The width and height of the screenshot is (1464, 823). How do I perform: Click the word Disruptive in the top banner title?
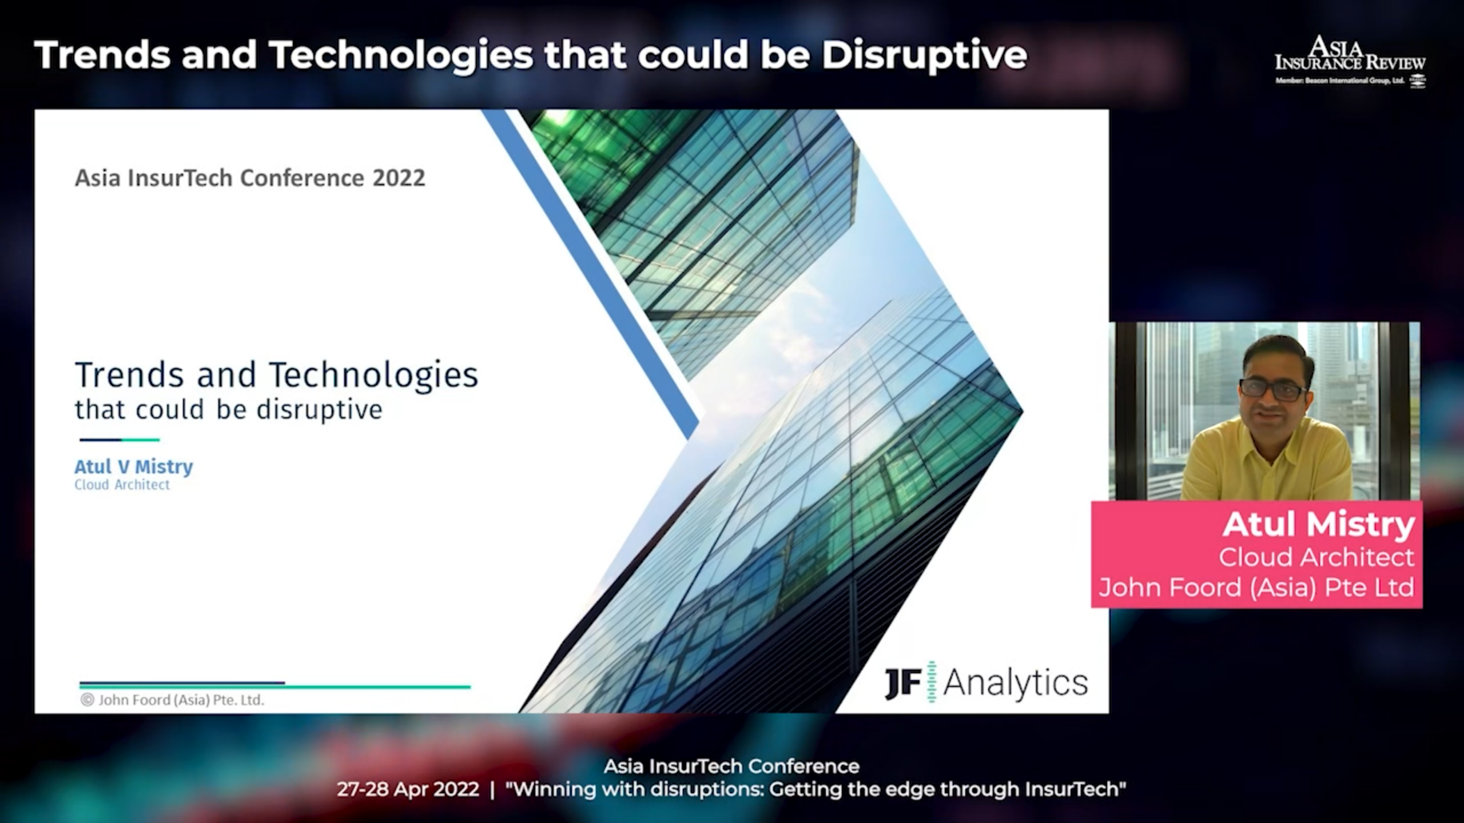tap(924, 55)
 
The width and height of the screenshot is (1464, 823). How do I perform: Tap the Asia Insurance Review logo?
tap(1350, 61)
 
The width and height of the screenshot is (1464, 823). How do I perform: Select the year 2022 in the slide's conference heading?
tap(399, 178)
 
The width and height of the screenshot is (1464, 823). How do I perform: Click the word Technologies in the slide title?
tap(373, 375)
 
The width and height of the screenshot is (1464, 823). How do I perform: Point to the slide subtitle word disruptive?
tap(319, 410)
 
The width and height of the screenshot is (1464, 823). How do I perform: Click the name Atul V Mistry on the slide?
tap(134, 467)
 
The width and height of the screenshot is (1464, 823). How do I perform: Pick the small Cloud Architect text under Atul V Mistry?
tap(122, 485)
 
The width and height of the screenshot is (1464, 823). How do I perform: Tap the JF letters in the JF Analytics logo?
tap(903, 683)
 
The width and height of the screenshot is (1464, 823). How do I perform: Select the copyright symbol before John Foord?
tap(87, 700)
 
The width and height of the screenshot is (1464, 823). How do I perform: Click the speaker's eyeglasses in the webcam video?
tap(1273, 390)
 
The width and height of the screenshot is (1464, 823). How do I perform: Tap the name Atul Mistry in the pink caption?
tap(1318, 525)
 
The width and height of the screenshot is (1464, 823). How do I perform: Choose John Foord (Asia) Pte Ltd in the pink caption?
tap(1256, 588)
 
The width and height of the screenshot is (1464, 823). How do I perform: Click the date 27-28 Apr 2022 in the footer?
tap(408, 789)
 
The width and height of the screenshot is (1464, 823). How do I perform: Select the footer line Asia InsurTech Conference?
tap(731, 766)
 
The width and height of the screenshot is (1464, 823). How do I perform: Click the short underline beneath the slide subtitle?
tap(120, 440)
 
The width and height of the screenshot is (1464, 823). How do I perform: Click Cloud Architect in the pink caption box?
tap(1316, 557)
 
